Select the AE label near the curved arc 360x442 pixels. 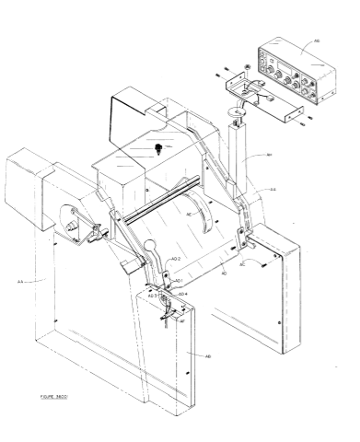pos(190,214)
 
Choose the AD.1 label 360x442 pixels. pos(179,281)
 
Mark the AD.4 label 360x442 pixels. pos(182,294)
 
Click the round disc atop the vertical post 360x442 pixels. pos(239,111)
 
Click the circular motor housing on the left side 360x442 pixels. pos(72,224)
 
